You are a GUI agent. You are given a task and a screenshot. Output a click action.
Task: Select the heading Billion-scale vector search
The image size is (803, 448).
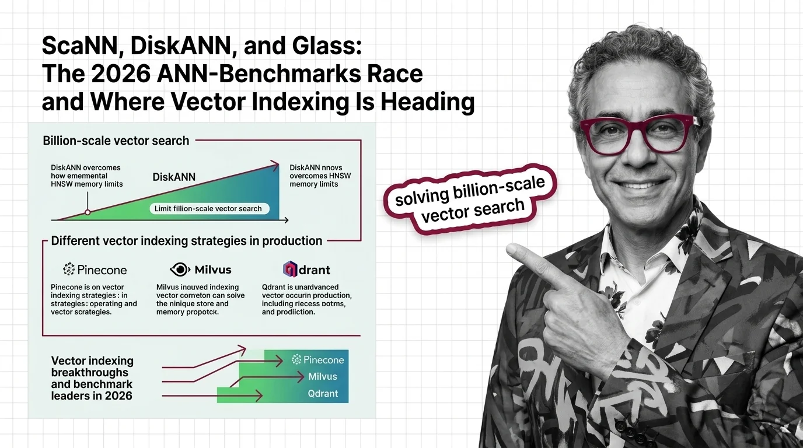[x=116, y=141]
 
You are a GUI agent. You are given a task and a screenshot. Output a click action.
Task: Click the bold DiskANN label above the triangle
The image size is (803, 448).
[x=173, y=177]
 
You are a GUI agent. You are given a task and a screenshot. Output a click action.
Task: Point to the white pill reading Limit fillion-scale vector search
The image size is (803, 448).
[x=208, y=208]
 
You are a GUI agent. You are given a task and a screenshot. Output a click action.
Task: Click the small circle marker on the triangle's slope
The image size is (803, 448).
[x=87, y=212]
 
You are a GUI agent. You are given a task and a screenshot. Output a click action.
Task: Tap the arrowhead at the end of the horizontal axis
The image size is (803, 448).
[x=285, y=220]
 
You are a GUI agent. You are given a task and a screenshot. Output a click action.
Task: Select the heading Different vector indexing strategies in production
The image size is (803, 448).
[x=187, y=240]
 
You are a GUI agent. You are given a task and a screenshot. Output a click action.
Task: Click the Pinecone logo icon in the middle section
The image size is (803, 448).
[x=69, y=269]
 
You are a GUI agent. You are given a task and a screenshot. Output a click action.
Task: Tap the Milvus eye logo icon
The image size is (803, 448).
[x=180, y=269]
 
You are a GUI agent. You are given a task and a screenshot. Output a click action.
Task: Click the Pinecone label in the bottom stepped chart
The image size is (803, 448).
[x=318, y=360]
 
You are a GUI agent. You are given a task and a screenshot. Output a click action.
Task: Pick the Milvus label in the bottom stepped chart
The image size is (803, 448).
[x=323, y=377]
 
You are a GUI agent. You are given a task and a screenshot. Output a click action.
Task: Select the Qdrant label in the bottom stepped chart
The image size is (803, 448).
[x=323, y=394]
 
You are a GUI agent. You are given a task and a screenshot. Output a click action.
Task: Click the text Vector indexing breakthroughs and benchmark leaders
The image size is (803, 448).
[x=92, y=378]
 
